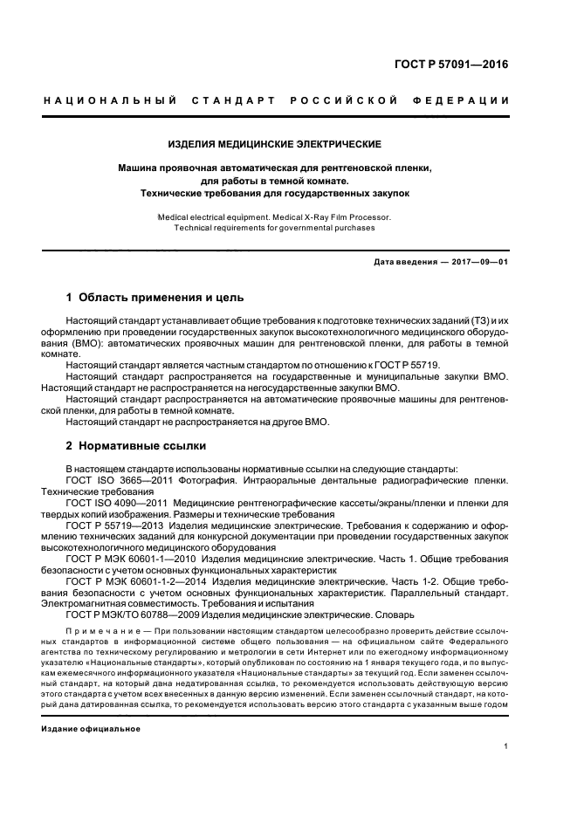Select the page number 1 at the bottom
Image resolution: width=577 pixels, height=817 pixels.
(506, 745)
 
